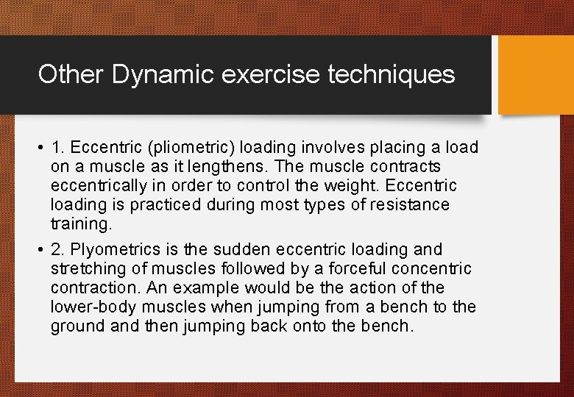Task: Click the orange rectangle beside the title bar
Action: click(x=536, y=75)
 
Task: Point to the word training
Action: click(x=80, y=223)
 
